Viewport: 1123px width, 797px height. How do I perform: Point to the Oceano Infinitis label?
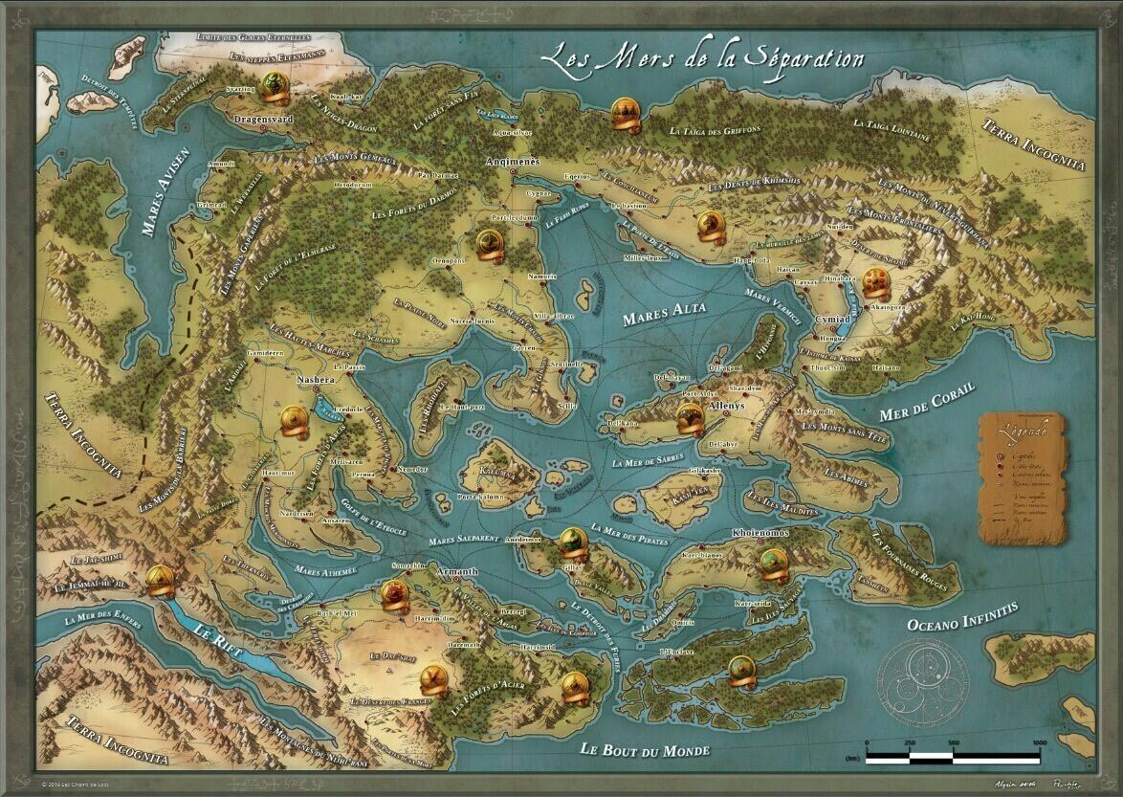pyautogui.click(x=961, y=617)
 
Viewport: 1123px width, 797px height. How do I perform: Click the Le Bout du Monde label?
pyautogui.click(x=646, y=748)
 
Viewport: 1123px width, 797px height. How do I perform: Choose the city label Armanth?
pyautogui.click(x=455, y=572)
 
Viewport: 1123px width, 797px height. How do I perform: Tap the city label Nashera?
pyautogui.click(x=316, y=380)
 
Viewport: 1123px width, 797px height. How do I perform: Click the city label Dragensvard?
pyautogui.click(x=262, y=120)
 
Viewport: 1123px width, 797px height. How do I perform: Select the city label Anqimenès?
pyautogui.click(x=513, y=162)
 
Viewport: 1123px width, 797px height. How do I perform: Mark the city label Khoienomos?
pyautogui.click(x=760, y=532)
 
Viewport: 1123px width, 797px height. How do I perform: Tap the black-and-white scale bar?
pyautogui.click(x=953, y=757)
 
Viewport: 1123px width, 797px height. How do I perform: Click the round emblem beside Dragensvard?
pyautogui.click(x=274, y=85)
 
